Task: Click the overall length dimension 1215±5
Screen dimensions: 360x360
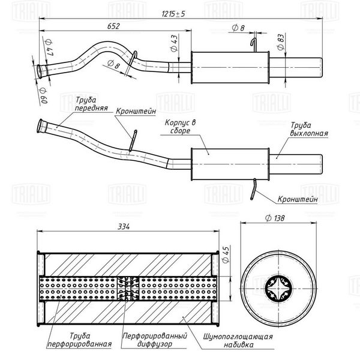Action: (x=173, y=14)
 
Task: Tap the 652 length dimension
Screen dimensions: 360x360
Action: (x=113, y=26)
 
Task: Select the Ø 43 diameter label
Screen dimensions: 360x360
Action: (x=174, y=43)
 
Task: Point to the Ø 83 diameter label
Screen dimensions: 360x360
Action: (x=281, y=42)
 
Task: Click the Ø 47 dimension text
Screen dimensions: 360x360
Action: (x=50, y=47)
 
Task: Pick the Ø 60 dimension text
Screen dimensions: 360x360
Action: (x=44, y=95)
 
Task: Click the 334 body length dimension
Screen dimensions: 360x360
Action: (x=124, y=227)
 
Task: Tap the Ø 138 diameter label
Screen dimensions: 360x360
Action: (x=275, y=218)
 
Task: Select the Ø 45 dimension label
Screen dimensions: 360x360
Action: (x=226, y=255)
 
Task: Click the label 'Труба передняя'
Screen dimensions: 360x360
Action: (x=91, y=104)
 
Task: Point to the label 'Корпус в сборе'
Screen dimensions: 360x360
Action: (x=180, y=127)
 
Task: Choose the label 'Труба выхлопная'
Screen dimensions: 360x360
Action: (x=309, y=129)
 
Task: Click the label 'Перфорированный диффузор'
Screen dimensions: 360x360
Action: (x=155, y=340)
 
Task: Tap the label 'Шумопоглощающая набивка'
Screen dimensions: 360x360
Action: (x=238, y=340)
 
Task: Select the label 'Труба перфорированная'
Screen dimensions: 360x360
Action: (x=80, y=340)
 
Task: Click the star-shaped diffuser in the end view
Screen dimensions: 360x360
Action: (x=278, y=288)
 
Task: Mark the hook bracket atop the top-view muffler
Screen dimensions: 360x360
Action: (x=254, y=45)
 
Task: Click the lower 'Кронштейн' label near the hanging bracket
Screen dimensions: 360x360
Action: (x=298, y=199)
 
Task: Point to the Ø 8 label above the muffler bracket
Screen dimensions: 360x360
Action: (x=238, y=28)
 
